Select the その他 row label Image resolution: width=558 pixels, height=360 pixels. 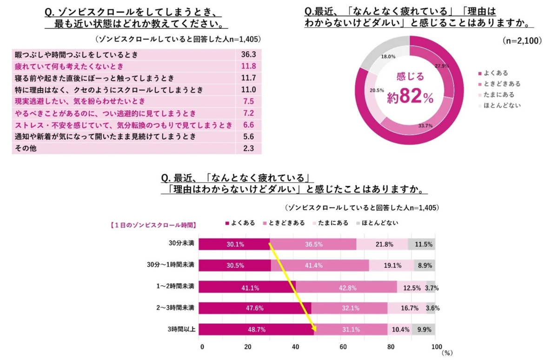26,148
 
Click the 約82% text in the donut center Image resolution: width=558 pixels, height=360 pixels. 410,98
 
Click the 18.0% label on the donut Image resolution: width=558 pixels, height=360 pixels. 388,56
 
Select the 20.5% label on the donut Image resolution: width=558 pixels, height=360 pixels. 376,90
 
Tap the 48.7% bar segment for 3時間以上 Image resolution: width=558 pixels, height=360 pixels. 257,329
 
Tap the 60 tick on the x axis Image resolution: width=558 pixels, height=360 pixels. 343,347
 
